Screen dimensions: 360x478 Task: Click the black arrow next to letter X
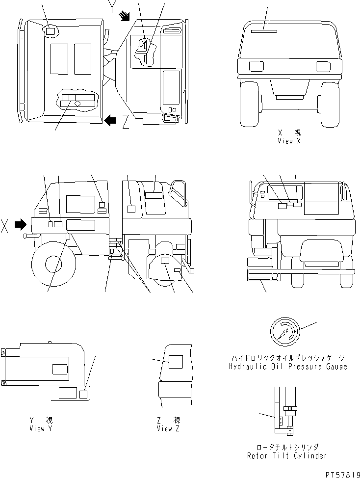(21, 225)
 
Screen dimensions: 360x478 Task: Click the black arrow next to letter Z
(110, 120)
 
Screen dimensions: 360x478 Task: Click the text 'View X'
(289, 141)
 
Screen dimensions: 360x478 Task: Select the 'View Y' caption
(41, 428)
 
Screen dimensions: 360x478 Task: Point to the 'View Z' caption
(168, 428)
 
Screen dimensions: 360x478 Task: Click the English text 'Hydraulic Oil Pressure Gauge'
(288, 367)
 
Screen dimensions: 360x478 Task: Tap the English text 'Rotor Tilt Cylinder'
(287, 456)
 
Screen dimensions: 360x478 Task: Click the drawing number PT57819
(343, 475)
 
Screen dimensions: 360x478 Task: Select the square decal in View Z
(176, 362)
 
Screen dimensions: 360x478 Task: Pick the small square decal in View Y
(83, 394)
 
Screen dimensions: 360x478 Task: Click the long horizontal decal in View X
(264, 31)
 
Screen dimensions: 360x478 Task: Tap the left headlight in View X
(257, 66)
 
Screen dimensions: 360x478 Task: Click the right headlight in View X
(323, 66)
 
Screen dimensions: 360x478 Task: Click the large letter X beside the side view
(4, 225)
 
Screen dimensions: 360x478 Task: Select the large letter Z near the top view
(126, 121)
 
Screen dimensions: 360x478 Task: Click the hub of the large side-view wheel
(54, 264)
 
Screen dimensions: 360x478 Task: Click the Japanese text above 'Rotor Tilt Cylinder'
(287, 447)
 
